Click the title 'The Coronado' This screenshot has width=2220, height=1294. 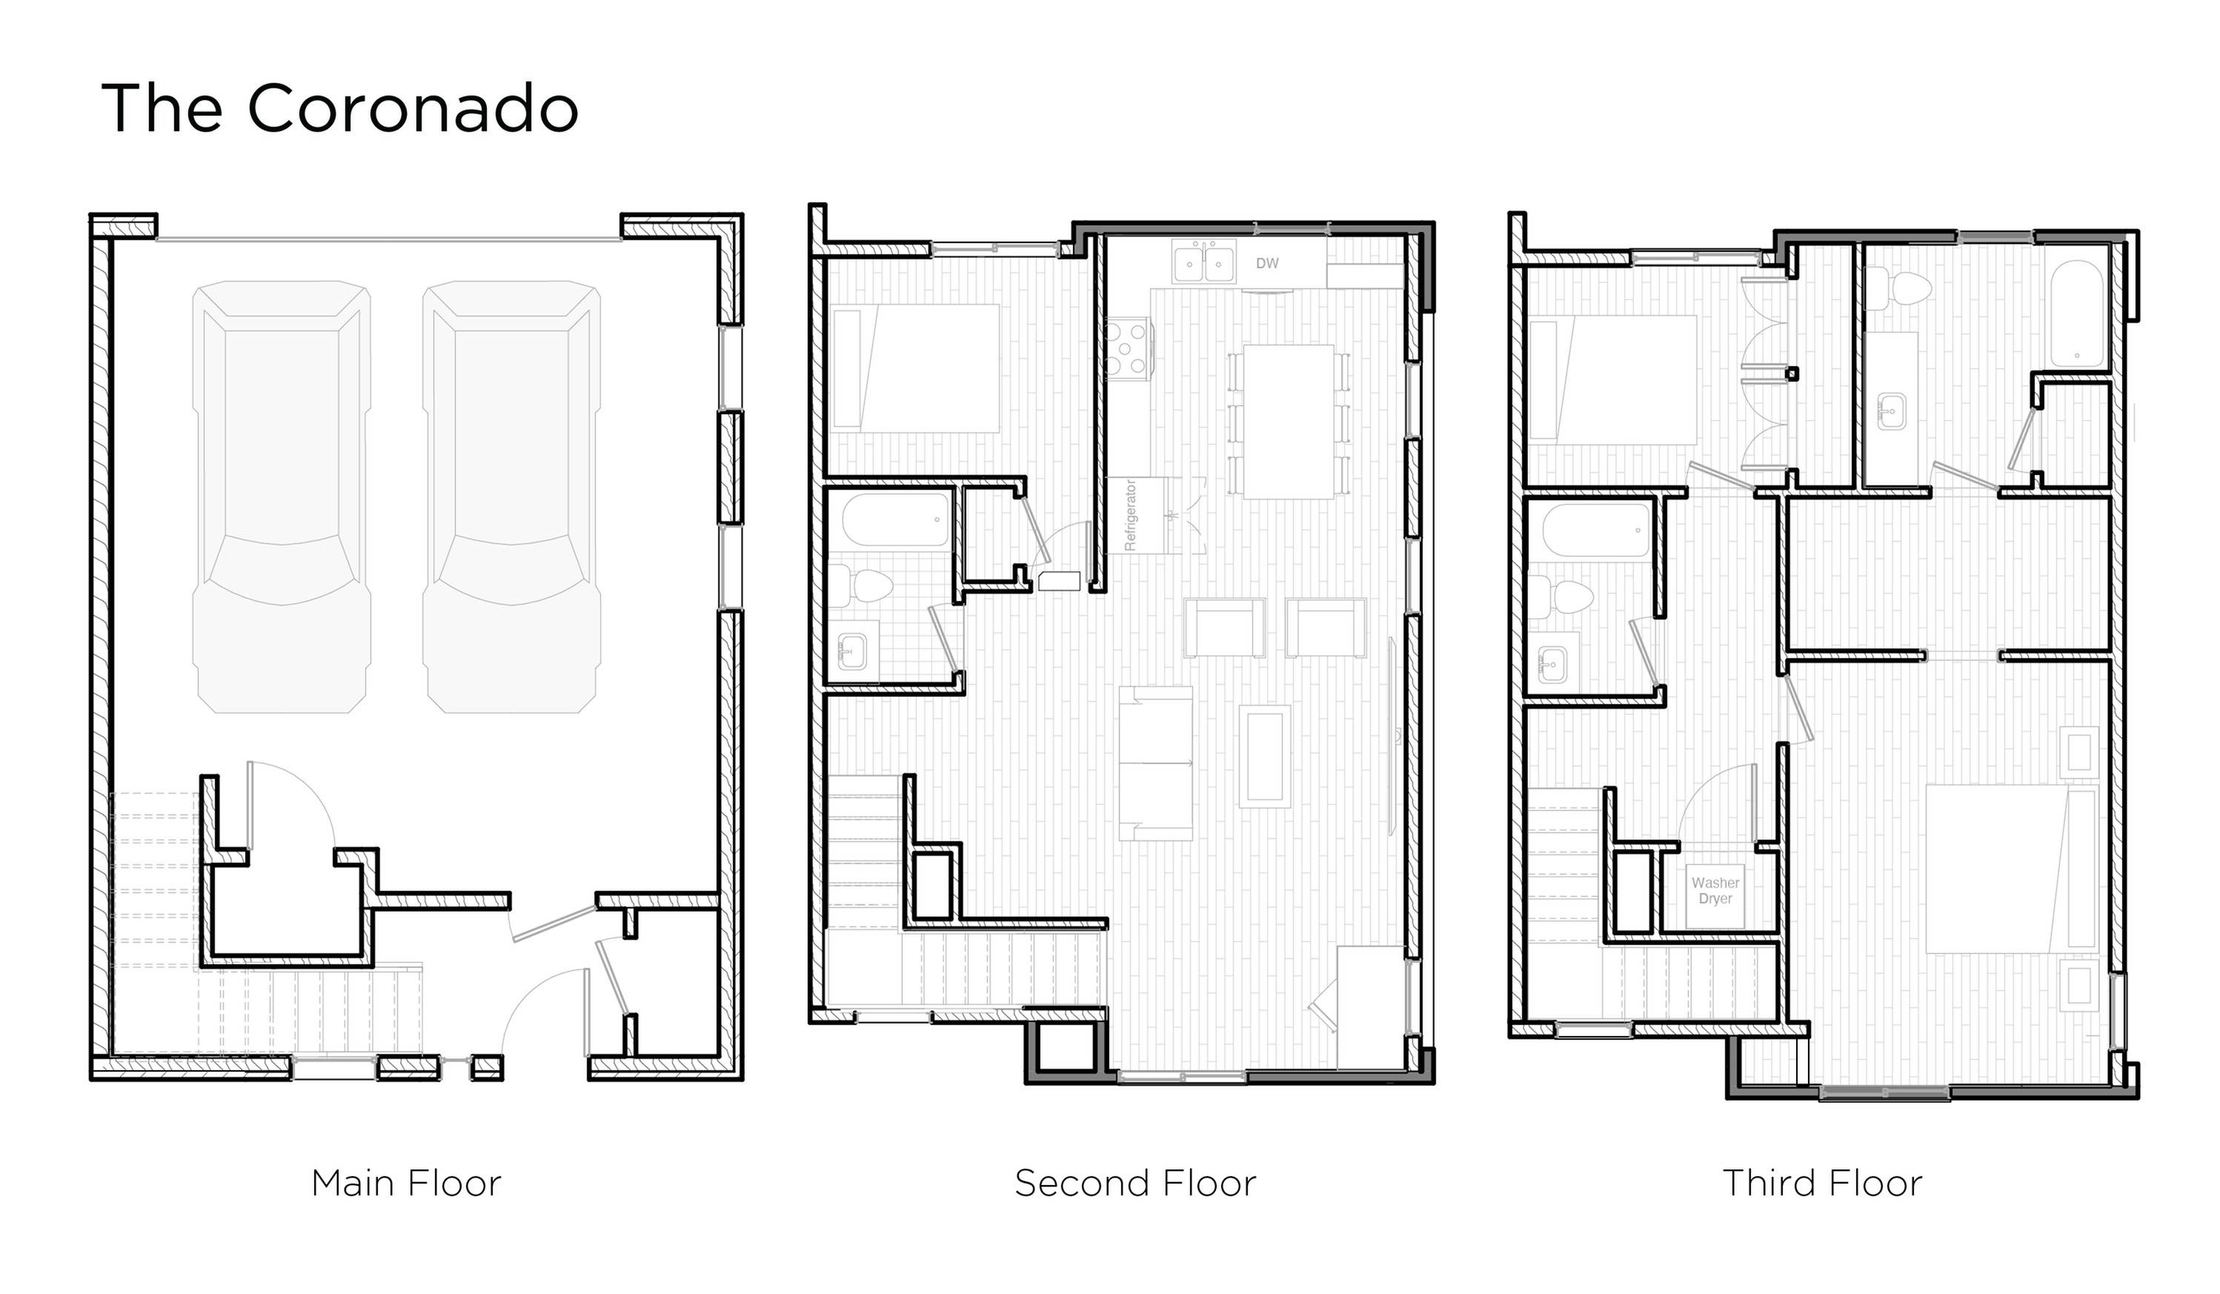pos(340,109)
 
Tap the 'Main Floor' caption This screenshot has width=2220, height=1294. pos(406,1183)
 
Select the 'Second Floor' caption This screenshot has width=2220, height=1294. pos(1134,1183)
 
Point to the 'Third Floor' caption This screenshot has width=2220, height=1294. pos(1822,1183)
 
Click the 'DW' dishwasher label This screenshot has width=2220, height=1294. pos(1267,263)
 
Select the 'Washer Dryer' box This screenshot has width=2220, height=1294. pos(1715,891)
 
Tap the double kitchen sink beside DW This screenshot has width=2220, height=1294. pos(1203,262)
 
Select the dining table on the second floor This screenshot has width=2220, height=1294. pos(1287,422)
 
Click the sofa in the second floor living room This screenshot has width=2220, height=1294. pos(1156,763)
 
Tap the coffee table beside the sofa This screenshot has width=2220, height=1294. pos(1264,757)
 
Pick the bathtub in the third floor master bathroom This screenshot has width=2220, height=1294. pos(2077,314)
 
